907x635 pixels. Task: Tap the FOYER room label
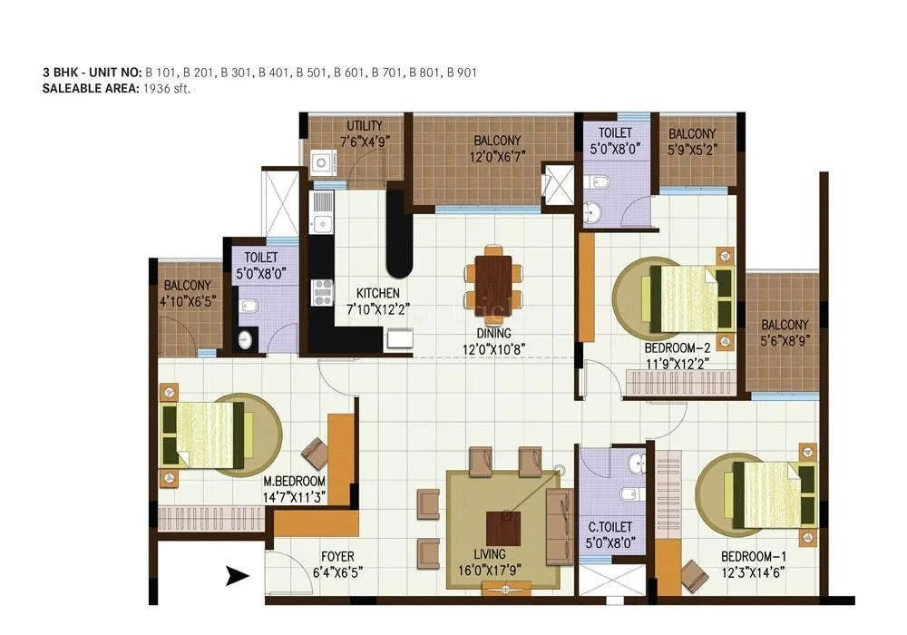coord(336,556)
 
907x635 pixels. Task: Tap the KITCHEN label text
coord(378,293)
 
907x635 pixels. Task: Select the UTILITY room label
coord(364,126)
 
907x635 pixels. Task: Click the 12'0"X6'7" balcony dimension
coord(496,155)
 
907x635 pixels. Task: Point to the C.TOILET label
coord(610,527)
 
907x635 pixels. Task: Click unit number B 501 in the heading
coord(312,72)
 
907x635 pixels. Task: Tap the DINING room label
coord(494,332)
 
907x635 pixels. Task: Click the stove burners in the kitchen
coord(321,291)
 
